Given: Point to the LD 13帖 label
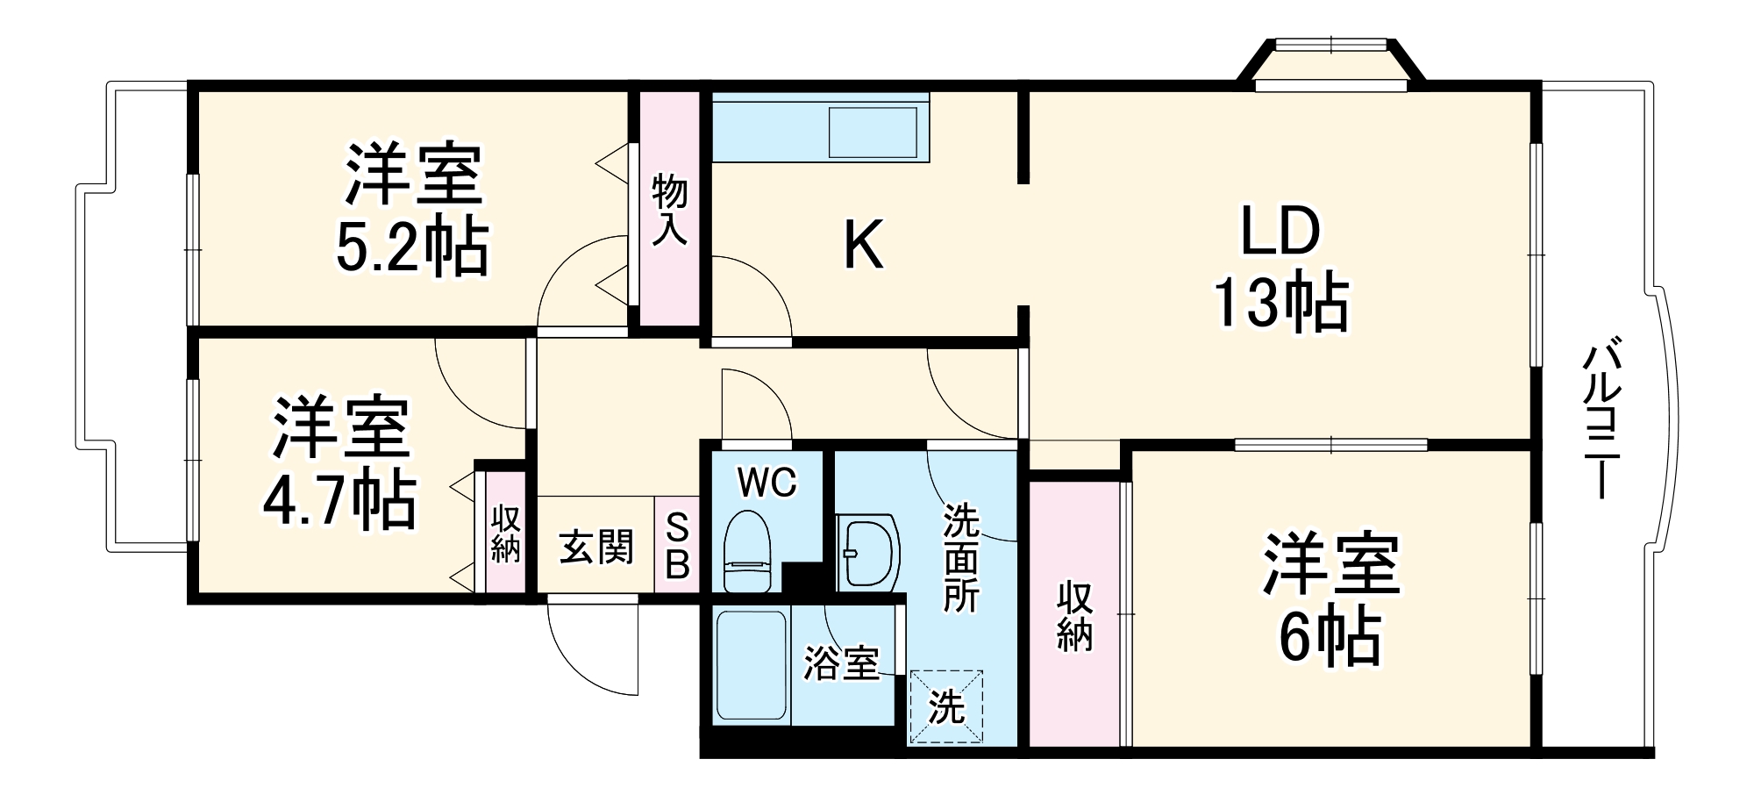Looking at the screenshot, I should (x=1280, y=267).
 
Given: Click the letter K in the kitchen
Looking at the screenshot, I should (x=863, y=247).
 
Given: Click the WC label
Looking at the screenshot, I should (x=766, y=482).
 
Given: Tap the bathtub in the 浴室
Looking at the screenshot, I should (x=751, y=665).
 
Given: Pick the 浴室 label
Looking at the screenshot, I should (x=841, y=663).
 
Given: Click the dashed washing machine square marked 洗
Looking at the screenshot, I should (x=946, y=706).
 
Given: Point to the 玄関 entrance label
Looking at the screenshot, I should (x=595, y=548).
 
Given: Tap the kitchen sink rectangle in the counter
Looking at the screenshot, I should (x=873, y=132).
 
